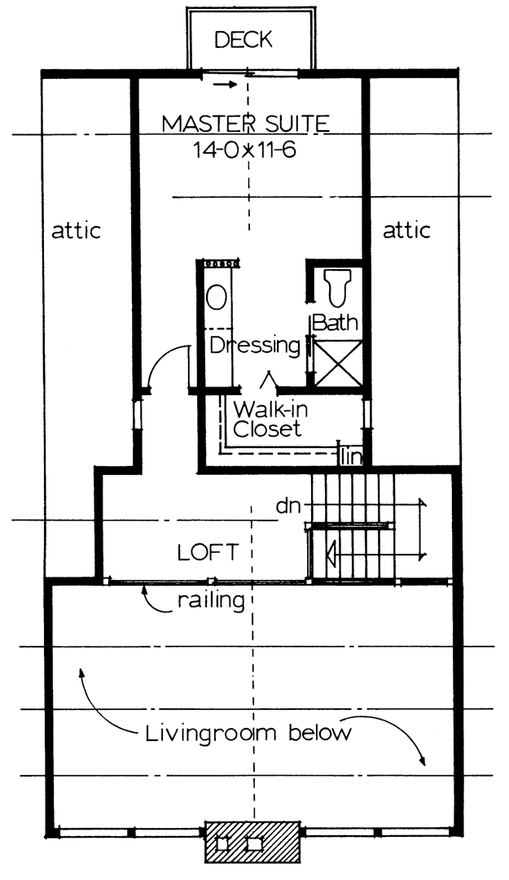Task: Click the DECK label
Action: (x=244, y=40)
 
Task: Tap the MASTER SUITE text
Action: (x=245, y=123)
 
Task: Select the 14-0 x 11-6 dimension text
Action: (x=244, y=150)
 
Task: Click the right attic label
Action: (x=406, y=230)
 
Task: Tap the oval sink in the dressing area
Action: (x=217, y=297)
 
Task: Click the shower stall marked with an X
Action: (x=338, y=363)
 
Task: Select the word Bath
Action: (x=335, y=323)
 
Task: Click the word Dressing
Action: (x=255, y=345)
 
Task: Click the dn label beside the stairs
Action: (x=289, y=506)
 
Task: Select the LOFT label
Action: (x=208, y=553)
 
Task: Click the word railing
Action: (x=211, y=601)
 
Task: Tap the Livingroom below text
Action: (x=248, y=734)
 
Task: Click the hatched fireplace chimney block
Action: (x=252, y=842)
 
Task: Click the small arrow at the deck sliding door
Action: (x=224, y=85)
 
